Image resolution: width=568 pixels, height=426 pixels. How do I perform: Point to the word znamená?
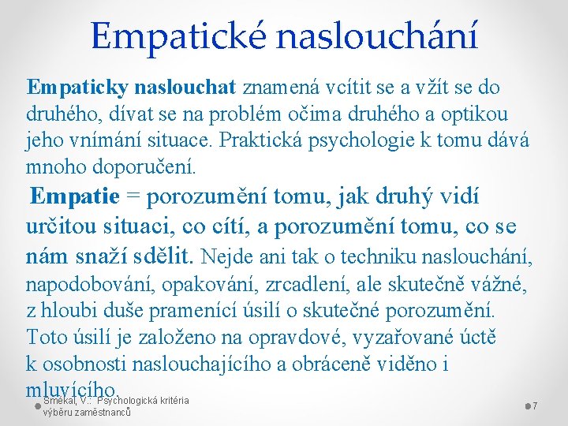point(279,86)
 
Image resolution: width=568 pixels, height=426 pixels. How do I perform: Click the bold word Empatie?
point(74,196)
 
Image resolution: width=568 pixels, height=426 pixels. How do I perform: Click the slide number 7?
point(535,405)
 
